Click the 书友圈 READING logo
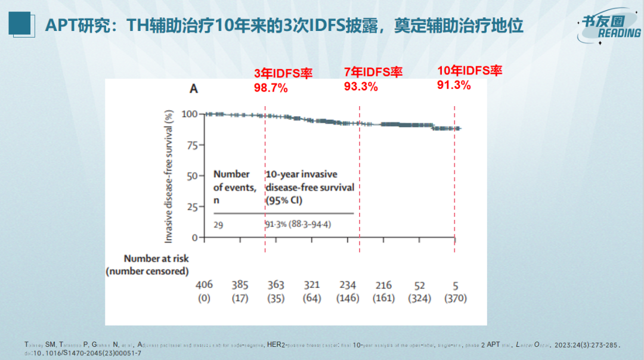pos(608,27)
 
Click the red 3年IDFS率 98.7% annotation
pos(283,80)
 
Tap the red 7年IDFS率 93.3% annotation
pos(373,79)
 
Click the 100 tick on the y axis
pos(189,114)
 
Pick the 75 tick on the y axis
pos(192,145)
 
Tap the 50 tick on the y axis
pos(192,176)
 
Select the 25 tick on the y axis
pos(192,207)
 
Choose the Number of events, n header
pos(235,187)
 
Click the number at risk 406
pos(204,285)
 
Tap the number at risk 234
pos(347,285)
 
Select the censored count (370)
pos(455,298)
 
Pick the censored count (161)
pos(383,298)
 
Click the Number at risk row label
pos(156,259)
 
